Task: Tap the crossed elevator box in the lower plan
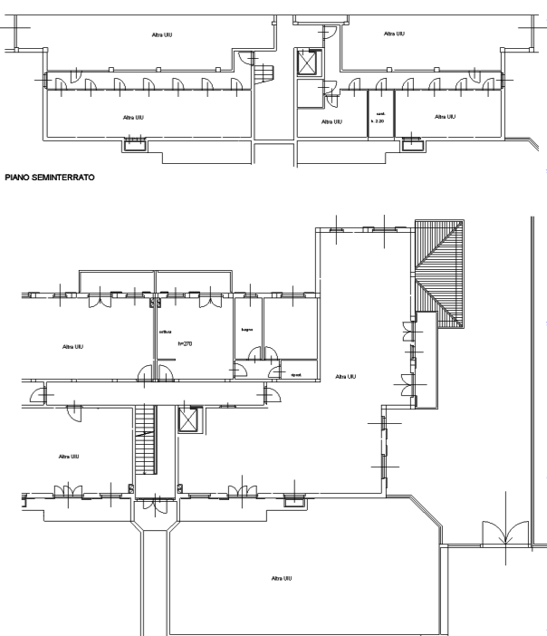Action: (x=188, y=420)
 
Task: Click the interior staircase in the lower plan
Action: (x=144, y=438)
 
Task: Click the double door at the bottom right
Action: (x=502, y=533)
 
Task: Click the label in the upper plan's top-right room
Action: (x=393, y=34)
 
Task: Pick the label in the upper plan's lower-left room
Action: (x=132, y=117)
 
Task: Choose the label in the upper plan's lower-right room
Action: (x=444, y=117)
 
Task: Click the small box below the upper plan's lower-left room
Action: (x=134, y=141)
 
